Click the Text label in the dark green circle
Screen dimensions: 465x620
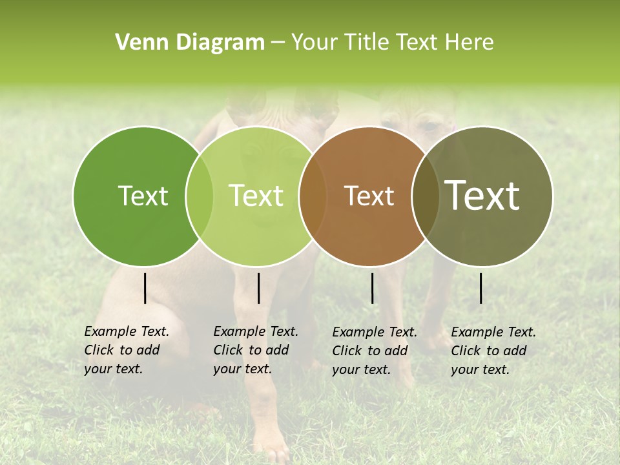[x=143, y=196]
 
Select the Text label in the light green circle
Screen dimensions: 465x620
[x=256, y=196]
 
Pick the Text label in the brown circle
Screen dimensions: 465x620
[x=369, y=196]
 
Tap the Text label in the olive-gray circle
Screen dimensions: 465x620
[x=482, y=196]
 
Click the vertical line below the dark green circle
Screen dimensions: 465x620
[x=145, y=288]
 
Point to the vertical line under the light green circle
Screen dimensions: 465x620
[x=258, y=288]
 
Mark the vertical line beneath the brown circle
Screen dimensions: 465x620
[x=373, y=288]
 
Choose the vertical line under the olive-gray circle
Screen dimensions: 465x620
[x=481, y=288]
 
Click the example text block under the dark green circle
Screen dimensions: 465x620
[x=126, y=350]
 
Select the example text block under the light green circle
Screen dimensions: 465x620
[x=255, y=350]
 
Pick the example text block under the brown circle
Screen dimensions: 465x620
[x=374, y=351]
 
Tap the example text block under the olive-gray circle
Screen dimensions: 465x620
[x=493, y=351]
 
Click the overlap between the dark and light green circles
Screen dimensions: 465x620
[x=200, y=196]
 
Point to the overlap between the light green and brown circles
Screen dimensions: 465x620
[x=313, y=196]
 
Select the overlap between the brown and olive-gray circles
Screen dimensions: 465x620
[x=426, y=196]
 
